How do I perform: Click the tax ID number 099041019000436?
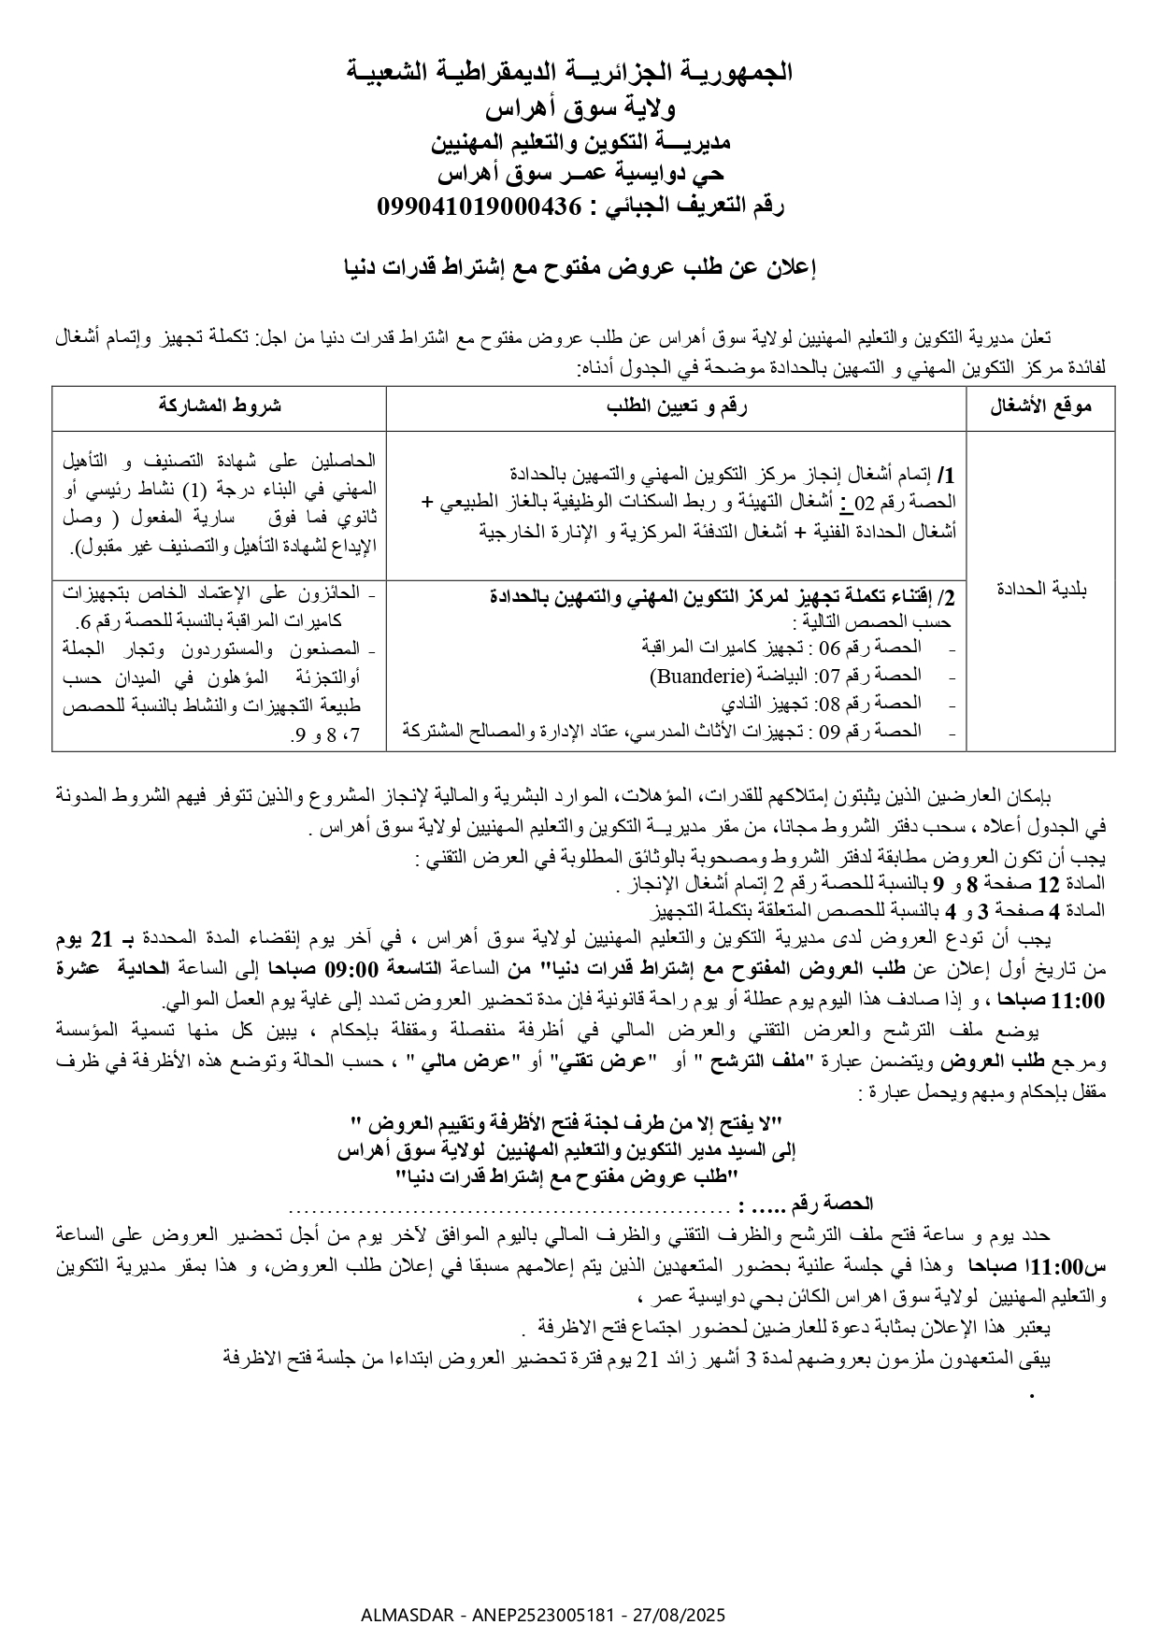click(x=479, y=207)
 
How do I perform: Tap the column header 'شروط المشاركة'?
click(x=220, y=406)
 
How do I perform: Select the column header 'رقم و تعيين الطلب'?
click(x=677, y=406)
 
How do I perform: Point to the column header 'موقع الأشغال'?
click(x=1040, y=406)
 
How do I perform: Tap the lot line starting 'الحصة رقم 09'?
click(x=664, y=730)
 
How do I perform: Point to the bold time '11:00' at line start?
click(x=1079, y=1001)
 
